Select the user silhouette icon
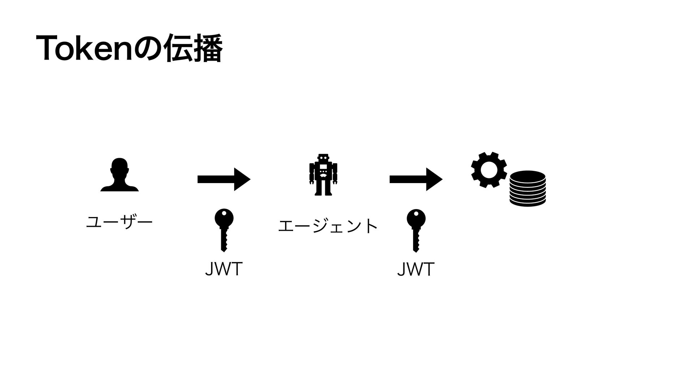(119, 175)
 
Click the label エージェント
(328, 226)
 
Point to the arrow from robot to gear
(416, 179)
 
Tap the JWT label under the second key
(416, 269)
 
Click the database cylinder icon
(527, 188)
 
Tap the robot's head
(323, 158)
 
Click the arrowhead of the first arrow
(241, 179)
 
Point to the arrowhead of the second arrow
(434, 179)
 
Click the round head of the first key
(224, 218)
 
